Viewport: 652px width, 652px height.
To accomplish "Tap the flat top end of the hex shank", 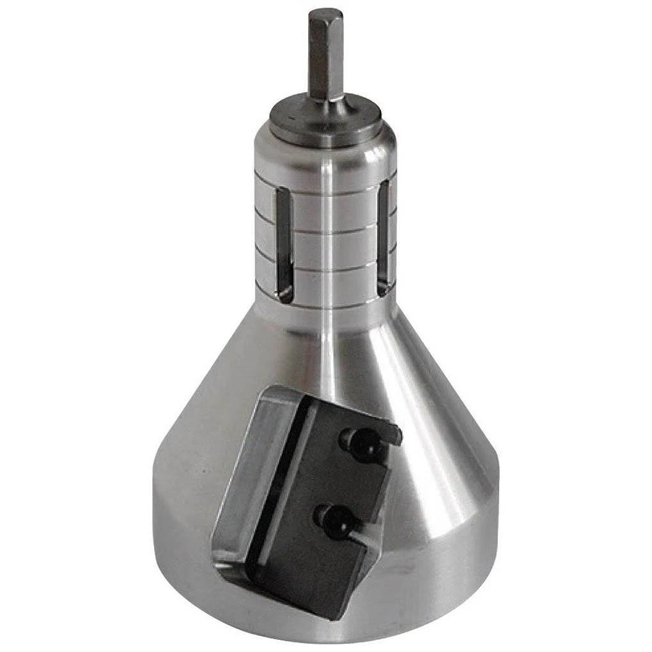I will click(x=325, y=13).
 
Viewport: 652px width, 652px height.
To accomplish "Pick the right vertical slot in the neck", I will click(x=384, y=237).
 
